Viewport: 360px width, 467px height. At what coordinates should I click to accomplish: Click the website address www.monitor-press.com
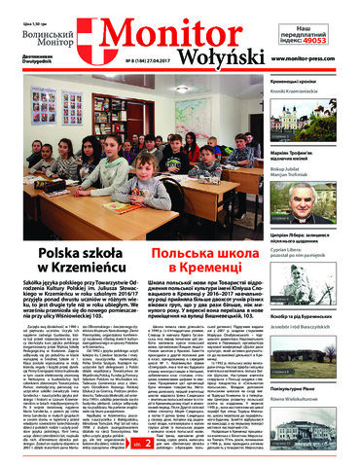click(x=313, y=61)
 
